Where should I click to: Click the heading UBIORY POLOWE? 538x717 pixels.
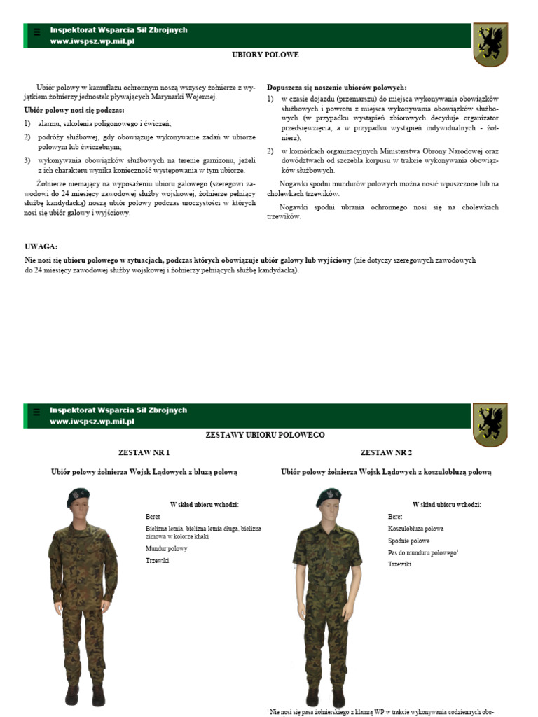click(x=265, y=55)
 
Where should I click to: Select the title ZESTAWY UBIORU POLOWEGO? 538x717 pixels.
click(x=265, y=435)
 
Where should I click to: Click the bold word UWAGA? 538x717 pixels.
click(x=41, y=247)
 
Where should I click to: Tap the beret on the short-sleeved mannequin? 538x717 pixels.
click(x=327, y=496)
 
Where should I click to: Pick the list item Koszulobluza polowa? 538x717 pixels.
click(x=415, y=529)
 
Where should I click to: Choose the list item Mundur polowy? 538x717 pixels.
click(x=166, y=548)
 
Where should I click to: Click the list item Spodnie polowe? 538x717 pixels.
click(x=409, y=541)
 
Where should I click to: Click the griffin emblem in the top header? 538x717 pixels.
click(x=490, y=44)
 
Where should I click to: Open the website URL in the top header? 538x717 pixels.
click(x=92, y=42)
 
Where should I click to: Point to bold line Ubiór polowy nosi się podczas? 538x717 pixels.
click(x=74, y=111)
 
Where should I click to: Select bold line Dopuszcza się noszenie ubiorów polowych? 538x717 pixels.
click(x=336, y=88)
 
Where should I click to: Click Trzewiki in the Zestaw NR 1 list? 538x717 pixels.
click(x=158, y=561)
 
